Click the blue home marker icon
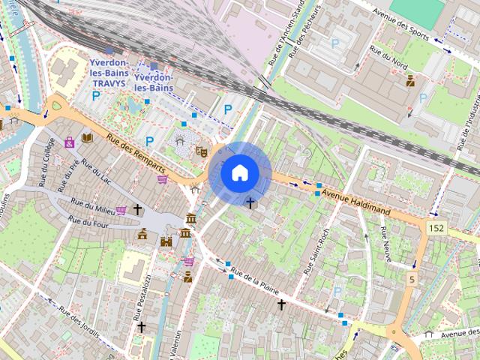point(238,173)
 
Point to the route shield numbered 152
point(437,226)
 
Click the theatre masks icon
point(200,151)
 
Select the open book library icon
point(87,138)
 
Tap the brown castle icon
point(166,241)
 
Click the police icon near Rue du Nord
point(410,80)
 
